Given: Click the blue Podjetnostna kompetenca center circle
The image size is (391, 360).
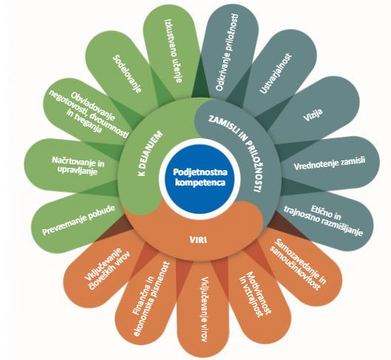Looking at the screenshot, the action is tap(200, 177).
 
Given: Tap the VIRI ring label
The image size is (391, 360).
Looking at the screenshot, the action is tap(199, 240).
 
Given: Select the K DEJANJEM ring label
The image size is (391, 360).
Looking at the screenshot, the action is tap(150, 153).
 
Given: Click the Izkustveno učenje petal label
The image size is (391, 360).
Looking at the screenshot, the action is tap(174, 50).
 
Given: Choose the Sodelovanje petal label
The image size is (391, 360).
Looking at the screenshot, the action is tap(127, 74).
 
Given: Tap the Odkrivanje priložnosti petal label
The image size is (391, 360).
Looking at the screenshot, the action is tap(227, 52).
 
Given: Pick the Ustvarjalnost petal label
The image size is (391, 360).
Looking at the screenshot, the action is tap(276, 73).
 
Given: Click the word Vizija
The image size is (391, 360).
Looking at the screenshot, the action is tap(313, 115).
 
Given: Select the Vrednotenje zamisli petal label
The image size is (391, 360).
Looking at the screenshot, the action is tap(330, 163).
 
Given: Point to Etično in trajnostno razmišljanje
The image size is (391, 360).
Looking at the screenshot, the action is tap(324, 220).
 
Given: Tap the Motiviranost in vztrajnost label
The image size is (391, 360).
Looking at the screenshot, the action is tap(255, 293).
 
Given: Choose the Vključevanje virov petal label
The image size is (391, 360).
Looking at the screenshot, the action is tap(204, 309).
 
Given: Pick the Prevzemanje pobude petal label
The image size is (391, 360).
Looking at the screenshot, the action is tap(78, 220).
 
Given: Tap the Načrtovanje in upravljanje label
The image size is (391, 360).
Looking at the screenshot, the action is tap(78, 166).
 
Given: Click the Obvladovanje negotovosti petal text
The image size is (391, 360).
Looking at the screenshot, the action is tap(89, 114).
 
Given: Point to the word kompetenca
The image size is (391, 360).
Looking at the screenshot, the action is tap(200, 183).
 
